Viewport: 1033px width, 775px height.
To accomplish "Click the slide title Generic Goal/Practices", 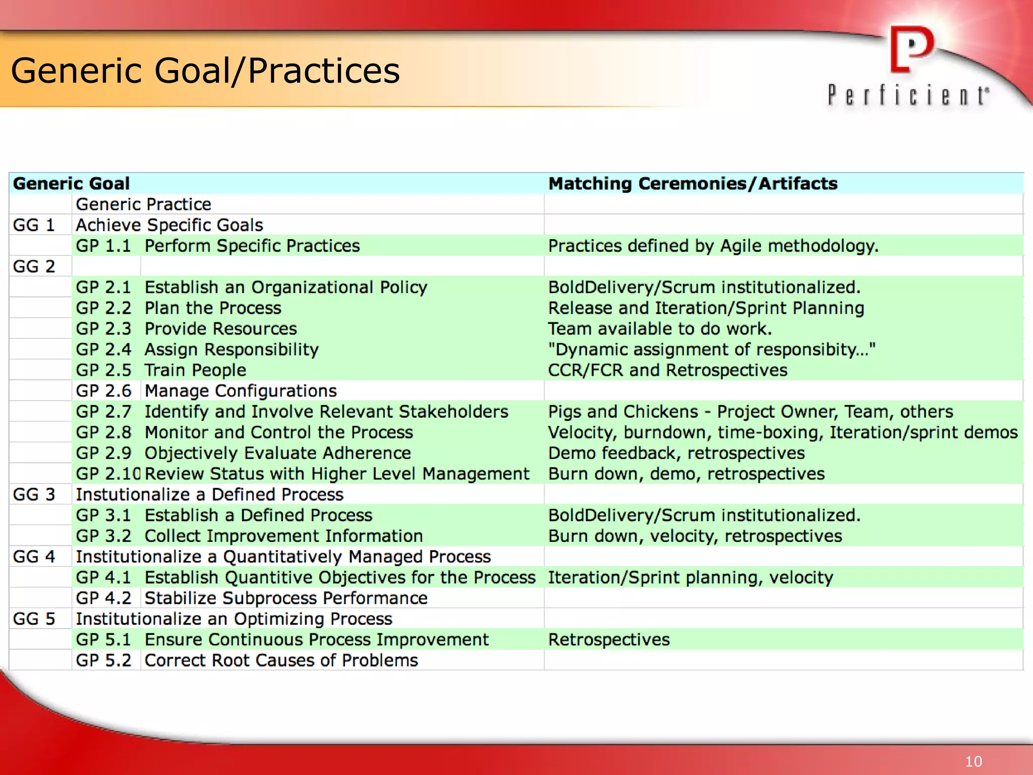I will [205, 70].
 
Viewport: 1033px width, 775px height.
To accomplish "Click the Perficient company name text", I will [908, 95].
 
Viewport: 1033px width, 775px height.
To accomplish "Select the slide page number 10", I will [973, 761].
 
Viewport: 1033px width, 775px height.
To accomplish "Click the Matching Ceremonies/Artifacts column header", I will [693, 184].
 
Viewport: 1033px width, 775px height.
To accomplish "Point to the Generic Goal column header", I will [71, 184].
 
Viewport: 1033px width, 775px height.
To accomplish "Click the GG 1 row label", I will [34, 225].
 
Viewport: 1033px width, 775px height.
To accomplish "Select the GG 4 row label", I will [34, 557].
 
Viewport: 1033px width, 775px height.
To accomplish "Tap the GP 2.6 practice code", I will [103, 391].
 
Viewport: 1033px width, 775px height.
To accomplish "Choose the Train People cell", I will [195, 370].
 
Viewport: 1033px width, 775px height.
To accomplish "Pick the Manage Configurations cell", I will [241, 391].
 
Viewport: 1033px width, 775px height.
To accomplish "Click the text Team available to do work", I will [660, 329].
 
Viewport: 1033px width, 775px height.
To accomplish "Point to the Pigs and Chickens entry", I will [751, 412].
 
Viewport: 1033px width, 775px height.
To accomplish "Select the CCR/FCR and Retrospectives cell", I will [667, 370].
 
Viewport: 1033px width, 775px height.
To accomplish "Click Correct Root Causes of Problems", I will [281, 660].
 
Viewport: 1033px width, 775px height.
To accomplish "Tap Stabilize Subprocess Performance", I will [286, 598].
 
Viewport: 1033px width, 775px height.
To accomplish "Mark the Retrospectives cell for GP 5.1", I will [609, 640].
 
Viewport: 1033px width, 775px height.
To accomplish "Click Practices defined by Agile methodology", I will [713, 246].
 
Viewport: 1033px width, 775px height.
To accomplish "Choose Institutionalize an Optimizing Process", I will [234, 619].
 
